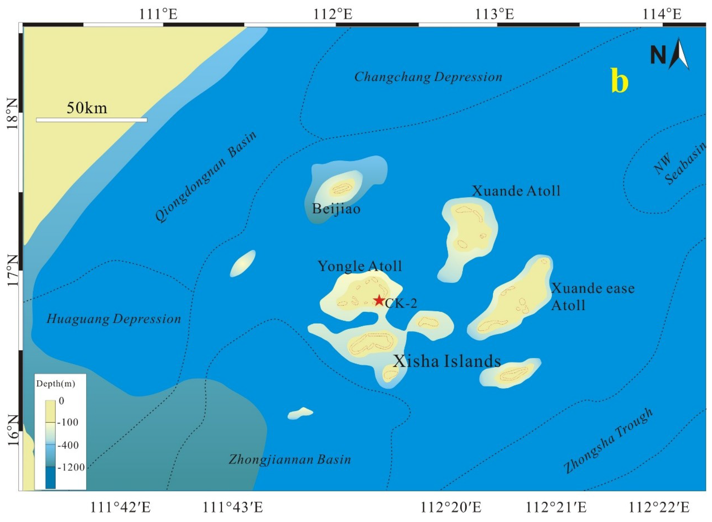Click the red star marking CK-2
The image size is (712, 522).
[379, 300]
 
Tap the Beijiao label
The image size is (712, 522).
[336, 209]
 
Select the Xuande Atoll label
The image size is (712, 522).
[516, 191]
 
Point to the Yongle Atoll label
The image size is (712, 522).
[360, 266]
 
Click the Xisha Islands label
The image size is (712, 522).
[447, 361]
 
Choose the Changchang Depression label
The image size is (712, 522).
[428, 77]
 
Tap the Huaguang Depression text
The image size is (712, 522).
[114, 319]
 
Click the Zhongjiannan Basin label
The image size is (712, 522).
[290, 459]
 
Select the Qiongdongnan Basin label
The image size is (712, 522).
[205, 177]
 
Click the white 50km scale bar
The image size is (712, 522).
[92, 120]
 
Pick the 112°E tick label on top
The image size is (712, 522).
[333, 14]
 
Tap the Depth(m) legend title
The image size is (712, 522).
[56, 384]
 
